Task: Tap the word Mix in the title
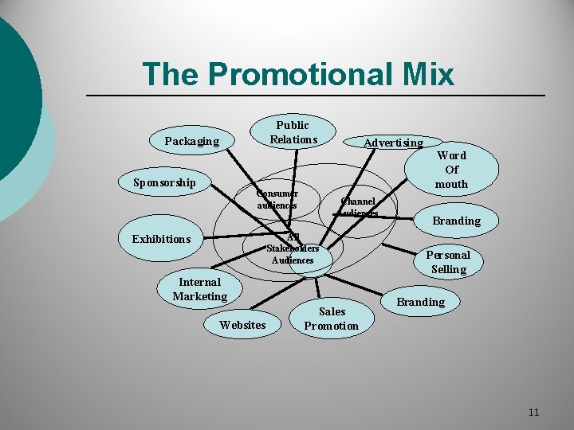tap(424, 74)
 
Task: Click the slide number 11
tap(533, 412)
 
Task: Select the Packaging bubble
tap(191, 141)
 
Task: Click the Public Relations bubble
tap(293, 132)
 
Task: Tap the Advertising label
tap(394, 143)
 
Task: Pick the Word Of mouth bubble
tap(452, 170)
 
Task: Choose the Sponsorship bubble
tap(164, 182)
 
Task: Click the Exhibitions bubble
tap(161, 239)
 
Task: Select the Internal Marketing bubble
tap(200, 289)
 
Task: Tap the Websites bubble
tap(242, 324)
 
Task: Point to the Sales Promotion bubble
tap(332, 318)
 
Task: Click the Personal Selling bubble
tap(448, 262)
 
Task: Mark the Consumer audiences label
tap(277, 199)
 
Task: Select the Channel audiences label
tap(358, 207)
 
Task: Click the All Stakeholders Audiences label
tap(293, 248)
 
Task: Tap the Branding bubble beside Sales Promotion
tap(421, 302)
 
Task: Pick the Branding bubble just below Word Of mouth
tap(456, 221)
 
